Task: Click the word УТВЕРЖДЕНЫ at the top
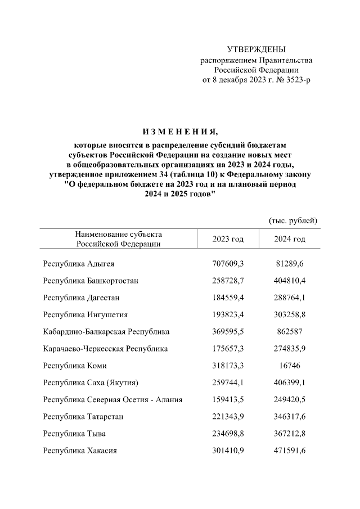[255, 49]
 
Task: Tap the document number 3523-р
[296, 80]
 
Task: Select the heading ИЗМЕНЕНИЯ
[179, 132]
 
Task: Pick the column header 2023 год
[228, 239]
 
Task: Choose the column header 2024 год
[289, 239]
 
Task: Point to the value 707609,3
[228, 263]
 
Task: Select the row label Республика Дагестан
[81, 297]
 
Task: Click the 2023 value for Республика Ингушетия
[228, 314]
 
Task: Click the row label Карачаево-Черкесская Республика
[105, 349]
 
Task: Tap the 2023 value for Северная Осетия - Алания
[228, 400]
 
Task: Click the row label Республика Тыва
[74, 434]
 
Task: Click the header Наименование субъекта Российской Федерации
[118, 239]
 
